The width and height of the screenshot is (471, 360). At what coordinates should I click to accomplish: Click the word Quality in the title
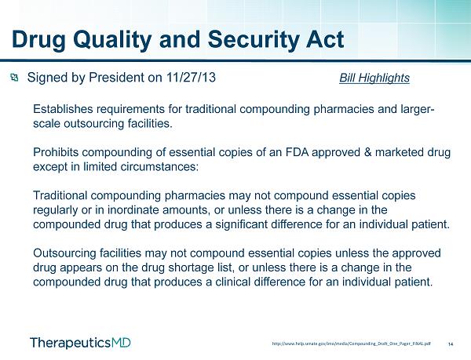point(111,40)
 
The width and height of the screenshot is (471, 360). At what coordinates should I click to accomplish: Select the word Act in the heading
point(325,39)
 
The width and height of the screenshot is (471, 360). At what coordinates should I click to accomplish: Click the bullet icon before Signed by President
point(14,78)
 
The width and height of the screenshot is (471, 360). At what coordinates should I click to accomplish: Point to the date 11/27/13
point(191,78)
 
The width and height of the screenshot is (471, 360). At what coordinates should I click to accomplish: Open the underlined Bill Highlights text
point(374,78)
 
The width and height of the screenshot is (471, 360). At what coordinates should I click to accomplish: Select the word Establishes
point(63,109)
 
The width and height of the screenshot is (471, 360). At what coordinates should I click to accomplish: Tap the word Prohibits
point(56,152)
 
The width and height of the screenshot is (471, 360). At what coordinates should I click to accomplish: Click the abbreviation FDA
point(297,152)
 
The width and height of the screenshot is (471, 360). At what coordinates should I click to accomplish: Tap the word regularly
point(55,210)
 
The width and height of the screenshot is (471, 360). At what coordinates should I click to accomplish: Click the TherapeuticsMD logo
point(81,343)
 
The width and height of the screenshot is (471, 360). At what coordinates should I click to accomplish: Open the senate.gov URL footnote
point(352,344)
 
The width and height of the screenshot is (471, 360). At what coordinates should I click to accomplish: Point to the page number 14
point(451,344)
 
